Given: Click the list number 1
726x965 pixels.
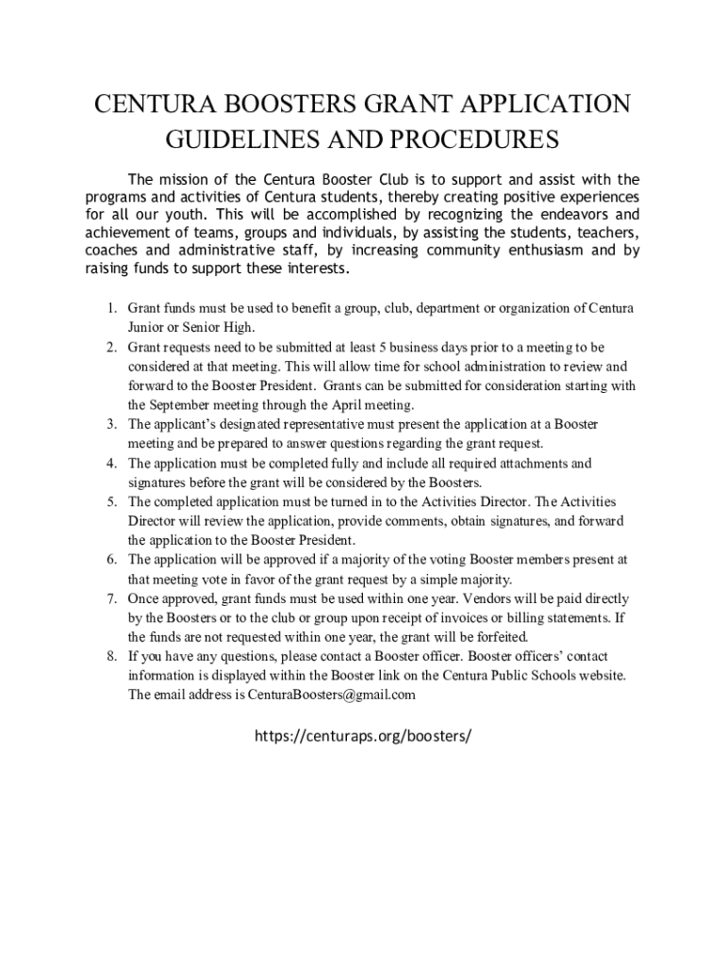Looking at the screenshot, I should coord(109,308).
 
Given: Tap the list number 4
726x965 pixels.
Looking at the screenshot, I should coord(109,464).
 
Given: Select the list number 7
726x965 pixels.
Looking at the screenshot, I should coord(109,598).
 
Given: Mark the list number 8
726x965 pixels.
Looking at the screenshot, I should coord(109,656).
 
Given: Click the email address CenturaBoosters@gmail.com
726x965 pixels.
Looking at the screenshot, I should coord(331,695).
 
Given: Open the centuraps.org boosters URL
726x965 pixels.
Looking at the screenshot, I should coord(362,736).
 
